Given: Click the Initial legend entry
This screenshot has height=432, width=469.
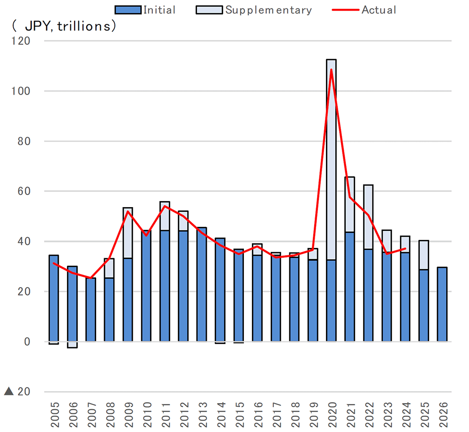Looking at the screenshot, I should [x=145, y=10].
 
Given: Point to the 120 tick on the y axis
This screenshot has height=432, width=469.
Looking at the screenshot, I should [x=21, y=41].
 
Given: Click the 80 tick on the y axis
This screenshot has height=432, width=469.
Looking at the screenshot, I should [x=23, y=142].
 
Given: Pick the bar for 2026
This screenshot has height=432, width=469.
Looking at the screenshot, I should [x=442, y=305].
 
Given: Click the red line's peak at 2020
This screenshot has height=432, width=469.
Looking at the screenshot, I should [x=332, y=70].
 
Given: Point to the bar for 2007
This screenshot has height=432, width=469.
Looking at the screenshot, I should [x=91, y=310].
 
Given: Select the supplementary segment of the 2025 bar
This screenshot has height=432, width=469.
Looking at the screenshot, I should [x=424, y=255].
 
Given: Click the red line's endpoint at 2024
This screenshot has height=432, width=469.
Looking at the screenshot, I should [x=405, y=249].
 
